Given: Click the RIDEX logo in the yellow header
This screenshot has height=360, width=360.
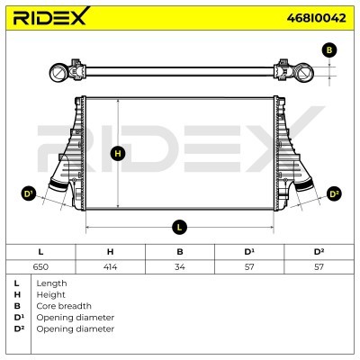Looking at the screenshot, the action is tap(51, 16).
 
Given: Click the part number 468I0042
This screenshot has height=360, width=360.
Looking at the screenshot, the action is tap(316, 18).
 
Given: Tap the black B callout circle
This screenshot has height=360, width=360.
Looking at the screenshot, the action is tap(329, 50).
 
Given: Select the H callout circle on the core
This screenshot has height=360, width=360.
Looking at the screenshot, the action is tap(118, 154).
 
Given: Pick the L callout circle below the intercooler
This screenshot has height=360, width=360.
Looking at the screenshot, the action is tap(179, 227).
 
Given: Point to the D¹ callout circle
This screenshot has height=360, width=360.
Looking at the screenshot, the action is tap(29, 193).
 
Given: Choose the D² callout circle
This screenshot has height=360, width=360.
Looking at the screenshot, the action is tap(334, 194).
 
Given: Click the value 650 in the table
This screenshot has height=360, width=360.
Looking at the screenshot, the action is tap(40, 266).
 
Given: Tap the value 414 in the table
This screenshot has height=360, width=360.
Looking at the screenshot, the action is tap(110, 266).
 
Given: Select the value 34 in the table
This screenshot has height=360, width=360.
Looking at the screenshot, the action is tap(180, 266).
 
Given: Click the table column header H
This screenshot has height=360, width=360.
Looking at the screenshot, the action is tap(110, 252).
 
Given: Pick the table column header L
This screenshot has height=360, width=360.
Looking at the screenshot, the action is tap(40, 252).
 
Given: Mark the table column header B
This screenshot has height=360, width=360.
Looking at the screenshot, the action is tap(180, 252).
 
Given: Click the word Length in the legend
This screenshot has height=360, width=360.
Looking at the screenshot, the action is tap(51, 283).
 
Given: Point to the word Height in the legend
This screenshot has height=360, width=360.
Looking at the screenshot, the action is tap(50, 295).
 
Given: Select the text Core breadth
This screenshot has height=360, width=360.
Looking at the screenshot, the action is tap(64, 306).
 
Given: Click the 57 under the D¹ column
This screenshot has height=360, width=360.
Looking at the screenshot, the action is tap(249, 266).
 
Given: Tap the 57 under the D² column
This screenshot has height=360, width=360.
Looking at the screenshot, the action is tap(319, 266).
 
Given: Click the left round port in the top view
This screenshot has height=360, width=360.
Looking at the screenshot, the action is tap(58, 73).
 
